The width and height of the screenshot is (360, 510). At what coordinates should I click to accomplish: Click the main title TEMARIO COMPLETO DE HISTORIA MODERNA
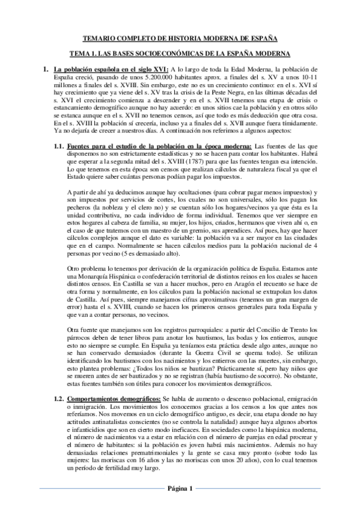[180, 37]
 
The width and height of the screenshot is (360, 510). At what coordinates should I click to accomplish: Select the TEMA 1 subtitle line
[180, 53]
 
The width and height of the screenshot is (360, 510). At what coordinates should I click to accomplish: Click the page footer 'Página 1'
[180, 488]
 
